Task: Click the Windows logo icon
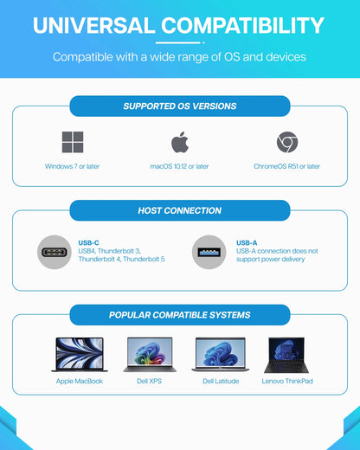[x=72, y=142]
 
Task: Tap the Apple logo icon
[x=179, y=142]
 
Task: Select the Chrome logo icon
[x=287, y=142]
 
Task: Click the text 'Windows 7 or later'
[x=72, y=166]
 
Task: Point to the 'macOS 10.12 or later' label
[x=180, y=166]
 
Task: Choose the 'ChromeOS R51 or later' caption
[x=287, y=166]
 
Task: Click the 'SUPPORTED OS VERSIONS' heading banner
[x=180, y=106]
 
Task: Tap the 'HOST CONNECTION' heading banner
[x=180, y=210]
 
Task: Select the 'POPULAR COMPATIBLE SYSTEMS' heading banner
[x=180, y=315]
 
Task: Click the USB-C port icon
[x=55, y=252]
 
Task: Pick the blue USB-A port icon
[x=209, y=252]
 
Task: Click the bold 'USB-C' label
[x=89, y=243]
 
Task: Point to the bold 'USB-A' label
[x=247, y=243]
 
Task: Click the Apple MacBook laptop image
[x=79, y=355]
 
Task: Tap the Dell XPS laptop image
[x=150, y=355]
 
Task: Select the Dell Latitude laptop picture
[x=221, y=355]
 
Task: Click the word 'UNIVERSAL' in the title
[x=93, y=25]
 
